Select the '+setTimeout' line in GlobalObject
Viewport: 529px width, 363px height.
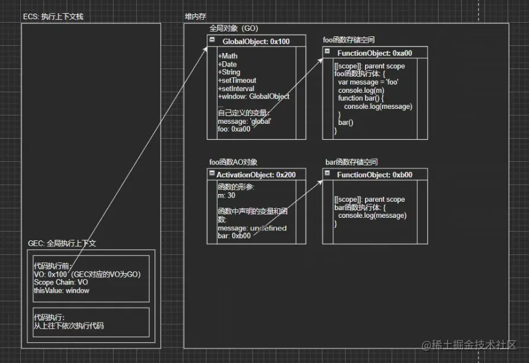coord(237,80)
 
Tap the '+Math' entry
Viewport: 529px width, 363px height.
coord(228,56)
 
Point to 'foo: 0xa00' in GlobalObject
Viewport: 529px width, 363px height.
coord(234,129)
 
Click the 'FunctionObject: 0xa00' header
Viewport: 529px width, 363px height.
coord(374,53)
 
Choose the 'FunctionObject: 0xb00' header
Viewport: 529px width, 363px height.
coord(374,175)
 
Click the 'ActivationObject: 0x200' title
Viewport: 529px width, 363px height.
coord(260,175)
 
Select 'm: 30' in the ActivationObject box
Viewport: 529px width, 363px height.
coord(228,195)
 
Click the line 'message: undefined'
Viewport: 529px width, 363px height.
coord(252,228)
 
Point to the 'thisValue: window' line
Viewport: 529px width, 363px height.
coord(62,290)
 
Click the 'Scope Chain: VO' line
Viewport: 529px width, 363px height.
coord(61,283)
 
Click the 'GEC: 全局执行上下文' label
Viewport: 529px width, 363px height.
coord(62,243)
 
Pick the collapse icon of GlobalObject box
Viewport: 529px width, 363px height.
coord(212,40)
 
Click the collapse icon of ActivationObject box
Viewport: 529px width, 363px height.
coord(212,174)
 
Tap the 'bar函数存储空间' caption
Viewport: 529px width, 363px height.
coord(351,162)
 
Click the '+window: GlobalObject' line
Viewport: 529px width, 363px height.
coord(254,96)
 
